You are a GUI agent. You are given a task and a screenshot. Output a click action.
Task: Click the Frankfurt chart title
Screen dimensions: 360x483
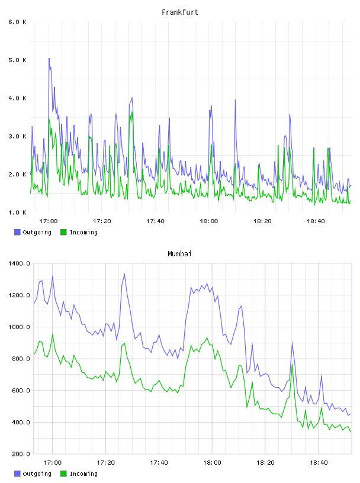point(180,12)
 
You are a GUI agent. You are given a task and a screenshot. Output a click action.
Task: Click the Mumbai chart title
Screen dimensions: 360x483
point(179,254)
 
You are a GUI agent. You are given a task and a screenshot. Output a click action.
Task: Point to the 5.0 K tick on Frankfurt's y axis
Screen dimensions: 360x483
point(17,60)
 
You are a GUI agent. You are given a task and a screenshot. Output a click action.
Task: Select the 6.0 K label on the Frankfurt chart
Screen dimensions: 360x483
point(17,22)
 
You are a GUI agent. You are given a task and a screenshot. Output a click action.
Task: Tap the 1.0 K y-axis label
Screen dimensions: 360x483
point(17,212)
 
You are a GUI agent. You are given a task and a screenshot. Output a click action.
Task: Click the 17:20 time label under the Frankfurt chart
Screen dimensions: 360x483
point(102,221)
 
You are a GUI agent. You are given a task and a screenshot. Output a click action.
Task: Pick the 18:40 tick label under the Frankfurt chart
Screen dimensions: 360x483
point(316,221)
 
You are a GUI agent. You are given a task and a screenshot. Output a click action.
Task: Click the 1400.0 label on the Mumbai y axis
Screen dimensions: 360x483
point(19,263)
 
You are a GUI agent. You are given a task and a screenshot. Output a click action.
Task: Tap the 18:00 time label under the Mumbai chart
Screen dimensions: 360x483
point(212,463)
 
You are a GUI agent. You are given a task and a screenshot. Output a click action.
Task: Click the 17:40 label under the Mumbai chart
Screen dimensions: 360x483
point(159,463)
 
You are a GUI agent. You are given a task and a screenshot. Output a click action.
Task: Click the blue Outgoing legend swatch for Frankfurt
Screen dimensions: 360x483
point(17,232)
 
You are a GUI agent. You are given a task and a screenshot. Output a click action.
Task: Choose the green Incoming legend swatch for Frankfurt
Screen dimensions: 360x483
point(63,232)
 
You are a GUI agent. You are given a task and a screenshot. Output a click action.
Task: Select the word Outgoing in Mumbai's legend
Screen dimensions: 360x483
point(37,474)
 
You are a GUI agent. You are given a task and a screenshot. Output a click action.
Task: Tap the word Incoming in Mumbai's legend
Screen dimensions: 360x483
point(83,474)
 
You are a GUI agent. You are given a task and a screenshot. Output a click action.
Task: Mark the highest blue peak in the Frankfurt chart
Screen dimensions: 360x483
point(49,58)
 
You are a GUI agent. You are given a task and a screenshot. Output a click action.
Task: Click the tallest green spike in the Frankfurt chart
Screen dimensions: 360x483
point(132,111)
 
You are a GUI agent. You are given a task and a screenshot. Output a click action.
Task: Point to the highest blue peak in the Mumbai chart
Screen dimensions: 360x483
point(124,273)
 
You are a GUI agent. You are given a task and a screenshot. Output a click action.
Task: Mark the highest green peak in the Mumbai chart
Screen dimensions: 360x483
point(52,334)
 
